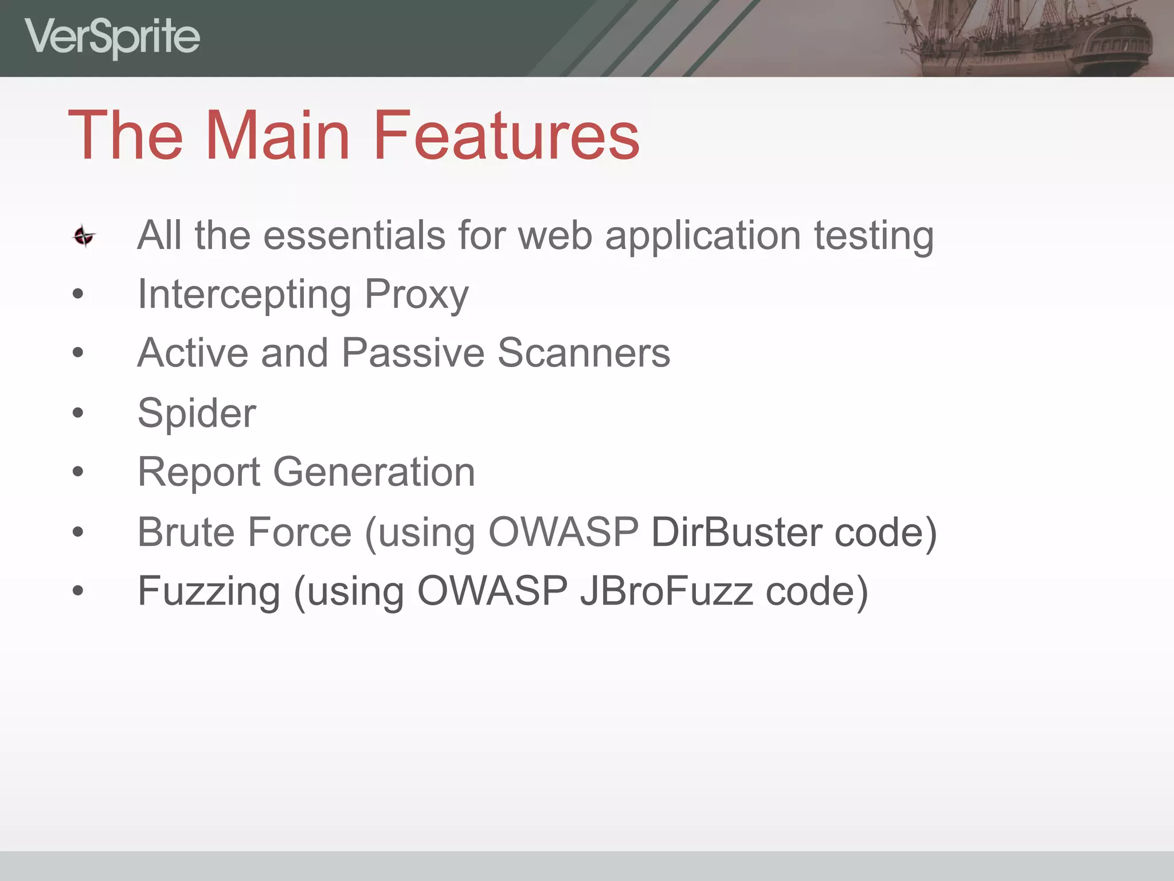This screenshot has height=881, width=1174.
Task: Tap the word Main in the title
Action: [277, 136]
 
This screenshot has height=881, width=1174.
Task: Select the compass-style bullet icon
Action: [84, 236]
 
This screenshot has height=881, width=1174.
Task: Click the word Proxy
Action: [417, 295]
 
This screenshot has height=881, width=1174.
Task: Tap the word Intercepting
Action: [245, 295]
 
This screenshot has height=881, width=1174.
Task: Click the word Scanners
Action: [584, 353]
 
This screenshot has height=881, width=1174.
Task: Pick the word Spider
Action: [197, 413]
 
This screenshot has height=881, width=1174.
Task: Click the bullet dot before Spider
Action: [78, 412]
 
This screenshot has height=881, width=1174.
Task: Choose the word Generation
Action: [374, 472]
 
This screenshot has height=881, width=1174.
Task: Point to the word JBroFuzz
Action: [667, 591]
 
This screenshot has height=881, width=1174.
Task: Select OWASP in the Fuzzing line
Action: [492, 591]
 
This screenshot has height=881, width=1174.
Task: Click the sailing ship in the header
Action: [1020, 37]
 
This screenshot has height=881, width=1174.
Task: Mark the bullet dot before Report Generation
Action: [78, 472]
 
